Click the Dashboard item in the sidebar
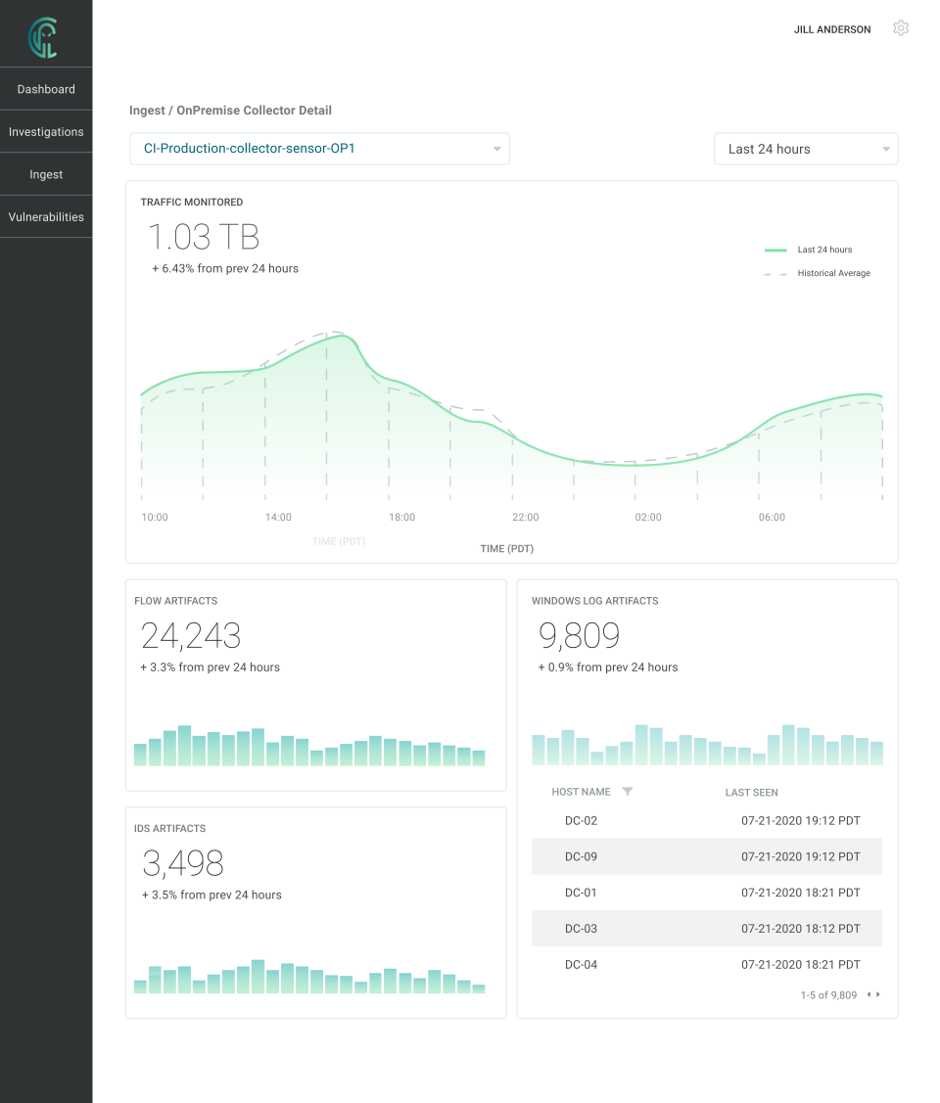click(x=46, y=89)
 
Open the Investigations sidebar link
click(x=46, y=132)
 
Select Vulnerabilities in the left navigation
click(x=46, y=217)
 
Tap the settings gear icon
click(x=901, y=28)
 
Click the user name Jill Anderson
click(x=831, y=29)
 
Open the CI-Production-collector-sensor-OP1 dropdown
click(x=319, y=149)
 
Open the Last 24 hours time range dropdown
click(x=805, y=149)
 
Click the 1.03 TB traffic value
click(x=204, y=238)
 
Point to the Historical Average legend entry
click(x=832, y=273)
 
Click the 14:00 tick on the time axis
click(x=278, y=517)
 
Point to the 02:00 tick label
click(x=648, y=517)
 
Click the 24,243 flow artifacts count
click(x=191, y=636)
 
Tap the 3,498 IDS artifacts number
click(x=183, y=863)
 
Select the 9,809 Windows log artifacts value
click(x=580, y=636)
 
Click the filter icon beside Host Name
click(x=628, y=792)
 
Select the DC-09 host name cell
click(x=581, y=856)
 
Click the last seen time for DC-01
click(x=800, y=893)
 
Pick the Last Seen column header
click(x=751, y=792)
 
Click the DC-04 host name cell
click(x=581, y=965)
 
